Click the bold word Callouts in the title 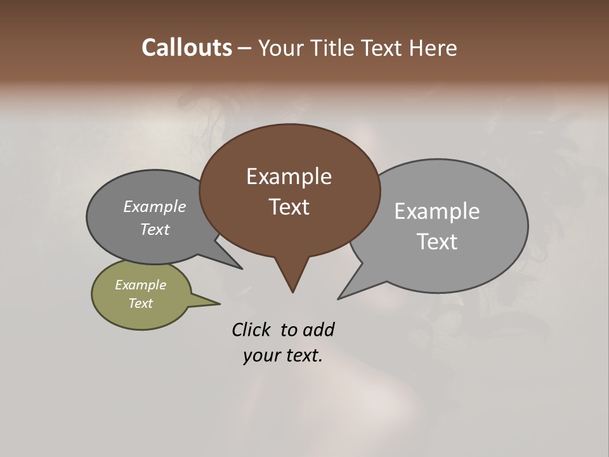point(187,48)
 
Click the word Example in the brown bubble point(289,176)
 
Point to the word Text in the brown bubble point(289,207)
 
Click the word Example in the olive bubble point(140,285)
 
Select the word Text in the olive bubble point(140,303)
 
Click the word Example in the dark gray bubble point(154,207)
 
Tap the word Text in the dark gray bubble point(154,229)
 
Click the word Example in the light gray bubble point(436,211)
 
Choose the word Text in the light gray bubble point(436,241)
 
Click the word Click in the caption point(251,329)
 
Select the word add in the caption point(318,329)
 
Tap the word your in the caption point(260,355)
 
